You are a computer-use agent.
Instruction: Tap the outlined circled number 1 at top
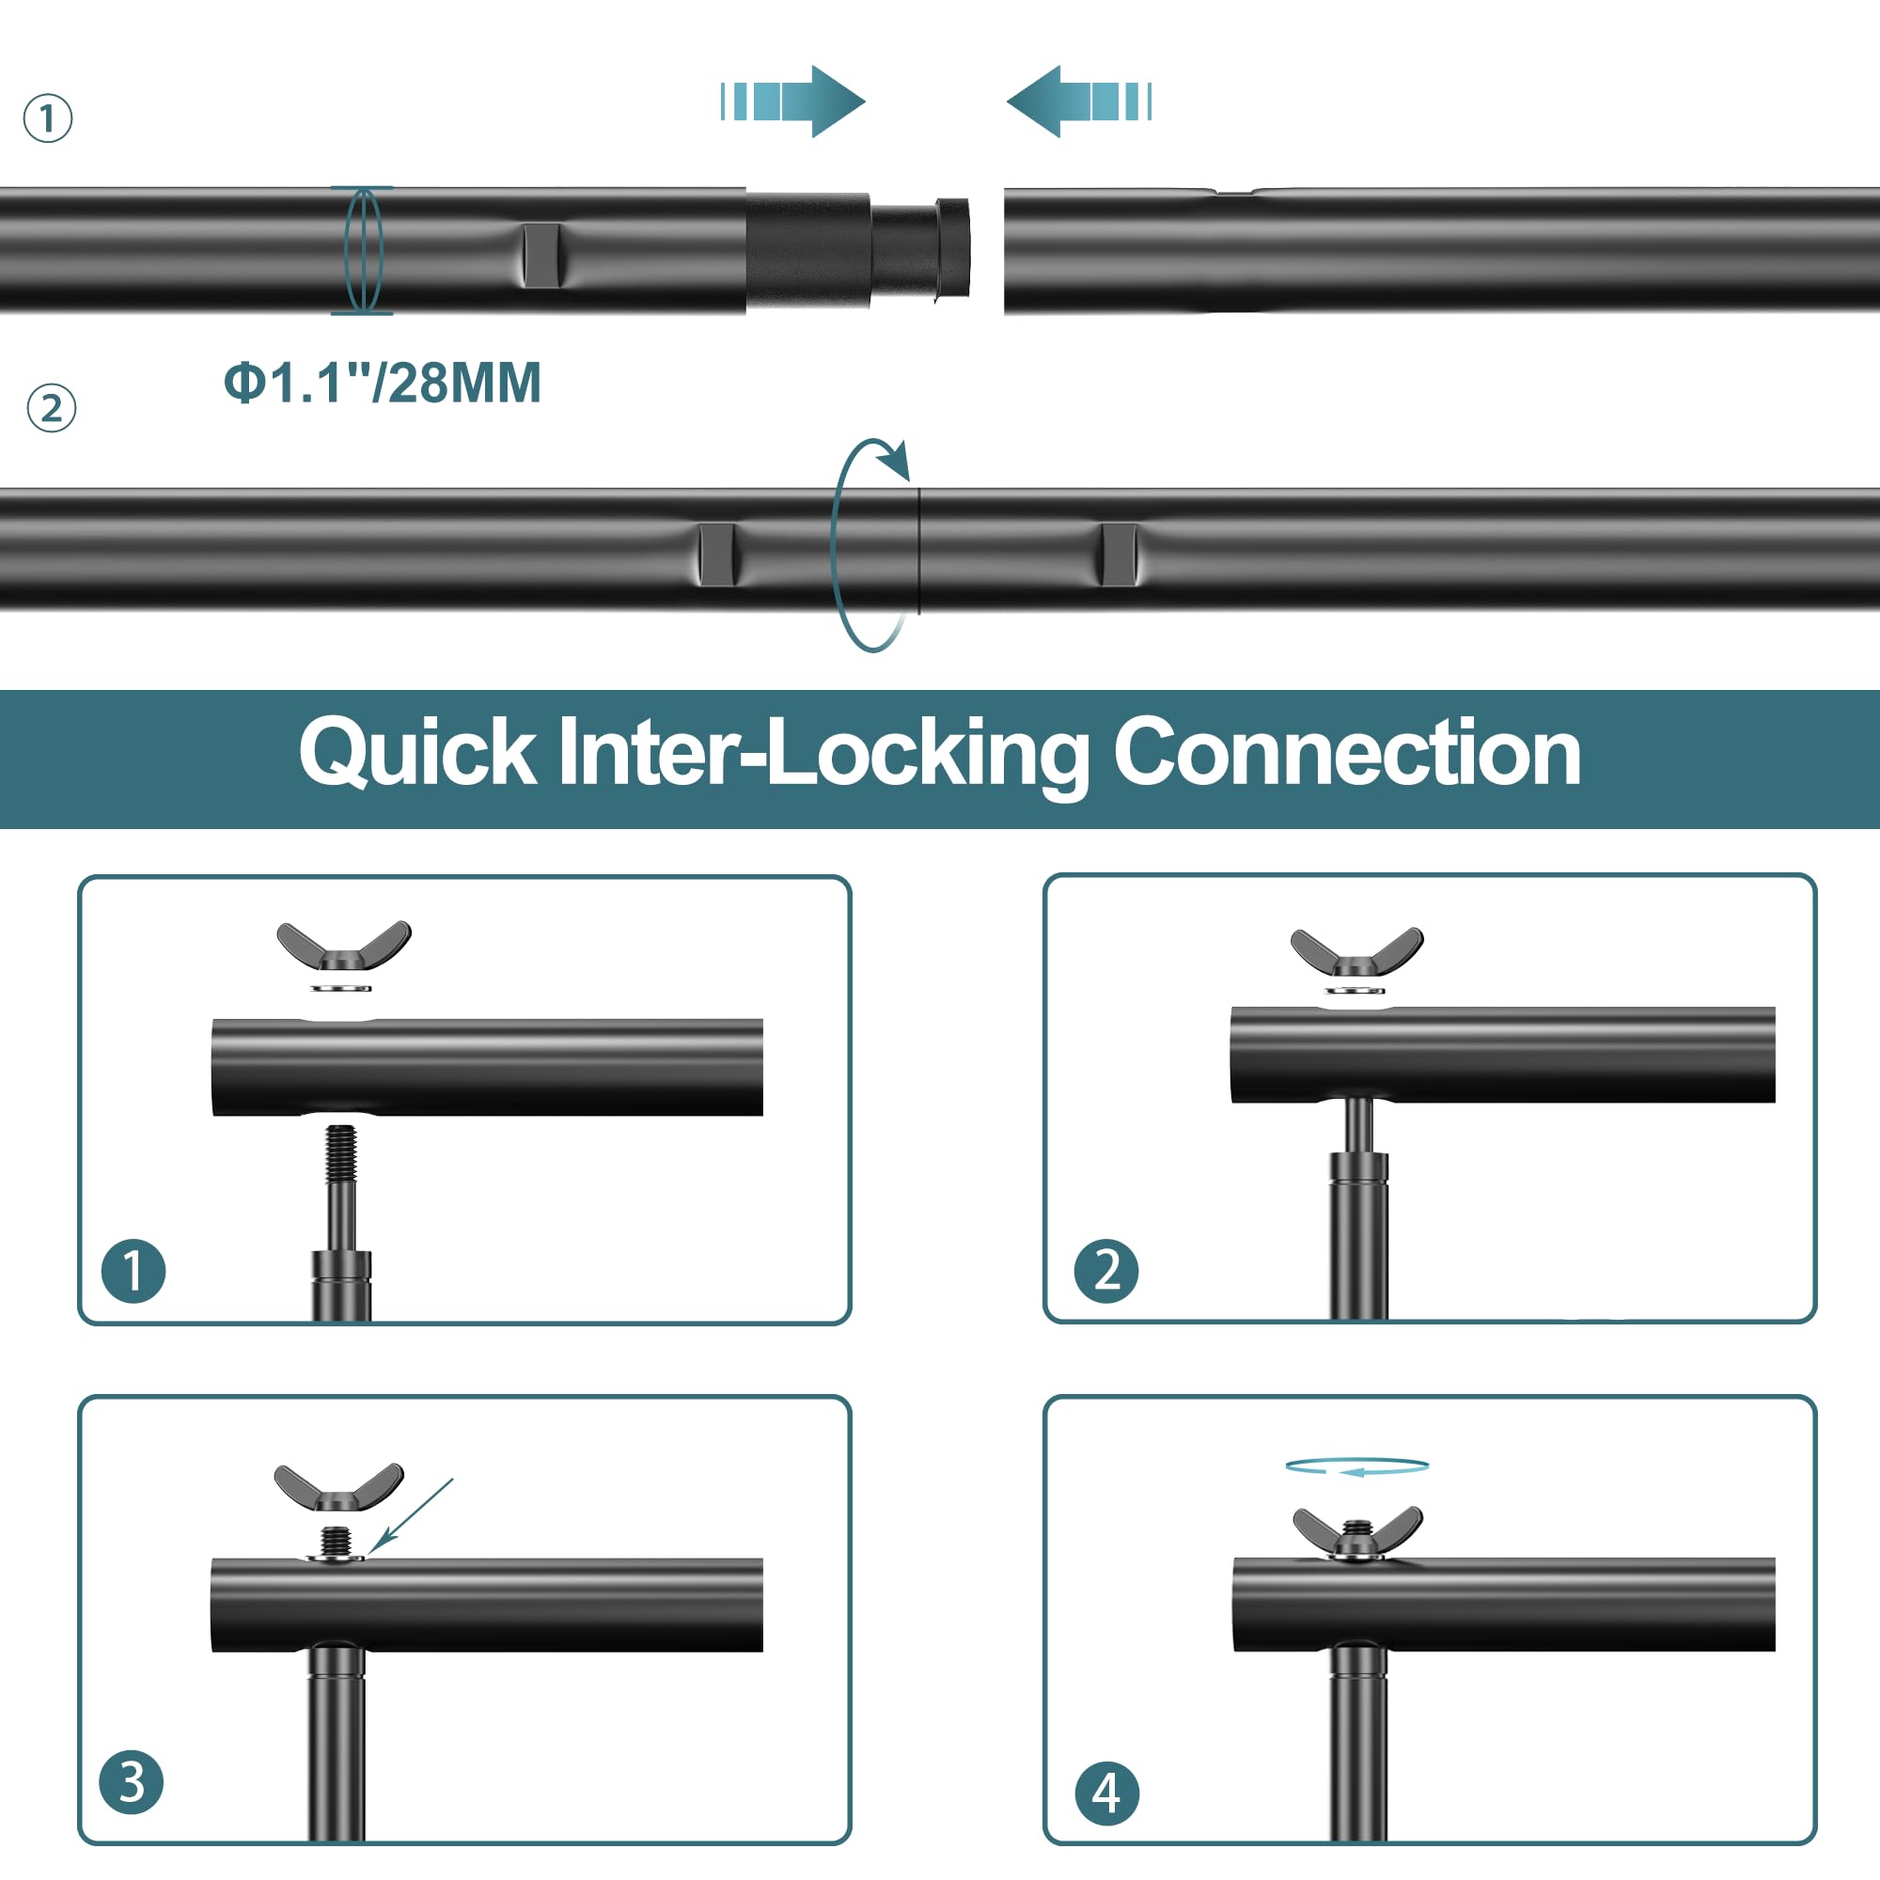48,118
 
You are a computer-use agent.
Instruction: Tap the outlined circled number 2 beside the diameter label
52,409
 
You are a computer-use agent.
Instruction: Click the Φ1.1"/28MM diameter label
383,383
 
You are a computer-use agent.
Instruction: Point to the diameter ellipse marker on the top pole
363,251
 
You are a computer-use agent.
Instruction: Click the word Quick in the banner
416,753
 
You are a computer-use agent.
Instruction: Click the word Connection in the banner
1347,753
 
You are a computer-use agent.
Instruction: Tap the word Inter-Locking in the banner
823,753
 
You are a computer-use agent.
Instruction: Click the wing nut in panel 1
343,945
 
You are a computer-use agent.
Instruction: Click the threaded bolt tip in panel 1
340,1153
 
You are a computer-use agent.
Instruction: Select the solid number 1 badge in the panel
133,1271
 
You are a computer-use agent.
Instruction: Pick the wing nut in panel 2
1356,951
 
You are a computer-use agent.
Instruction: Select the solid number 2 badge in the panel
1106,1271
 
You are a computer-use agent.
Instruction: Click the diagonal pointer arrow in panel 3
412,1514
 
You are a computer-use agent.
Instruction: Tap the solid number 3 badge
132,1782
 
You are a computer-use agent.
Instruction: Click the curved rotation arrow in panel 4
1356,1466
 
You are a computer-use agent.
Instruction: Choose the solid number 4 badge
1106,1793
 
